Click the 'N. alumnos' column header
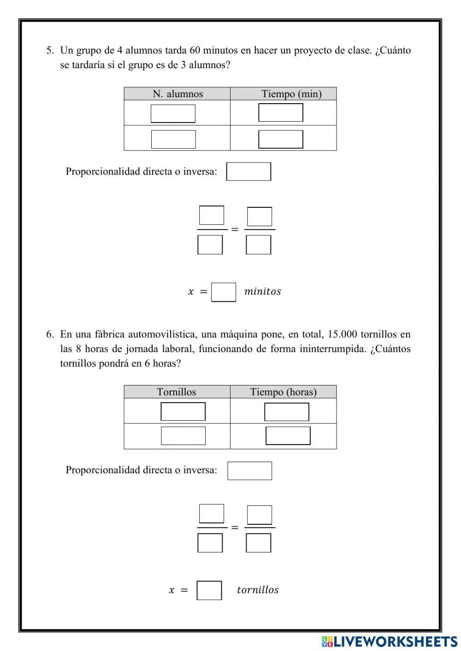(177, 94)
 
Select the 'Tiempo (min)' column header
(291, 94)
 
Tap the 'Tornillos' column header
(176, 392)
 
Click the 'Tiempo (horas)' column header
(283, 392)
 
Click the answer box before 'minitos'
(224, 292)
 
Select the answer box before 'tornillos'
(209, 590)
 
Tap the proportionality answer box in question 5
(248, 171)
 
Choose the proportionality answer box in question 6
(249, 471)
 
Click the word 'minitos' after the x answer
(262, 292)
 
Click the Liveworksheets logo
(390, 641)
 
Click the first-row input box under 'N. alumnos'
(173, 114)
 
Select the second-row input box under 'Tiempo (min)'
(281, 139)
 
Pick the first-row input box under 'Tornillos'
(183, 411)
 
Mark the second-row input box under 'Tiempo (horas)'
(288, 436)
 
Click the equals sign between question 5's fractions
(235, 229)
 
